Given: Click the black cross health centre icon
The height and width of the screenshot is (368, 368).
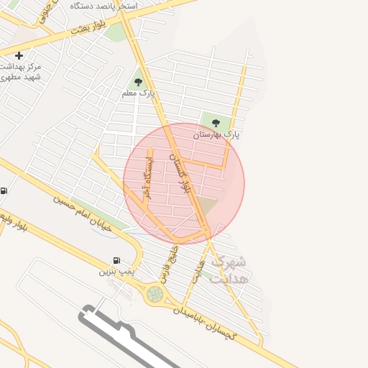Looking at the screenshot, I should pos(19,55).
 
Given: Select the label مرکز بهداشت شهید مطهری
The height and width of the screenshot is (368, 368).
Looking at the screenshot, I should pos(21,71).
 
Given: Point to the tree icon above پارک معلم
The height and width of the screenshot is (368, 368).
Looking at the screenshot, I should pos(139,82).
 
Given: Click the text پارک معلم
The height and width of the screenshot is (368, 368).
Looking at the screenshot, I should pos(139,93).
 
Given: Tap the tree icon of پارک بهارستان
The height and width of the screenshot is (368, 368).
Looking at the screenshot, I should pos(216,123).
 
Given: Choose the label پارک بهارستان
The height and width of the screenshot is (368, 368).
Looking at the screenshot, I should pos(216,134).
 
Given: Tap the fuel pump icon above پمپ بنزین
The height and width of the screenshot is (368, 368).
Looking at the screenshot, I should pos(116,261).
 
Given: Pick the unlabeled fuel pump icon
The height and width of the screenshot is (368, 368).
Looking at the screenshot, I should pos(4,190).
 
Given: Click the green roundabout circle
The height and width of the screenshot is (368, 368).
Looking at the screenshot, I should pos(155,294).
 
